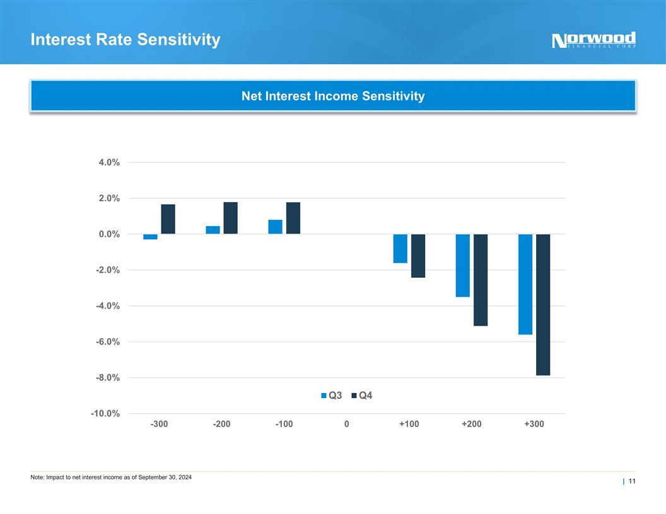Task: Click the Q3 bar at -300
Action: click(150, 237)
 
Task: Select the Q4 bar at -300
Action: click(168, 219)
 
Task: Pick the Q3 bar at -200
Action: click(213, 230)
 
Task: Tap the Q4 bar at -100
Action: click(293, 218)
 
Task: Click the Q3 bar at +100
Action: click(400, 248)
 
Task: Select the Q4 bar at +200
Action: click(481, 280)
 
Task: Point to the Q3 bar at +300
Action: click(525, 284)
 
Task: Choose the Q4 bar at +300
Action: click(543, 304)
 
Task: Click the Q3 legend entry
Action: click(332, 396)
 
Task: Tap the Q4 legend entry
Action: click(361, 396)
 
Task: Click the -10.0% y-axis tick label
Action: click(106, 414)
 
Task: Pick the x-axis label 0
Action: click(347, 424)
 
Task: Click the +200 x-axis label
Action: click(471, 424)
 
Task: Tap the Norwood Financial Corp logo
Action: click(593, 40)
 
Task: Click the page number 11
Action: click(631, 482)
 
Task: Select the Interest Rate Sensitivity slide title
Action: click(126, 40)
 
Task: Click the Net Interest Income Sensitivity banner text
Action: click(333, 96)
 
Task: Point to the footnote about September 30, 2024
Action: click(111, 477)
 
